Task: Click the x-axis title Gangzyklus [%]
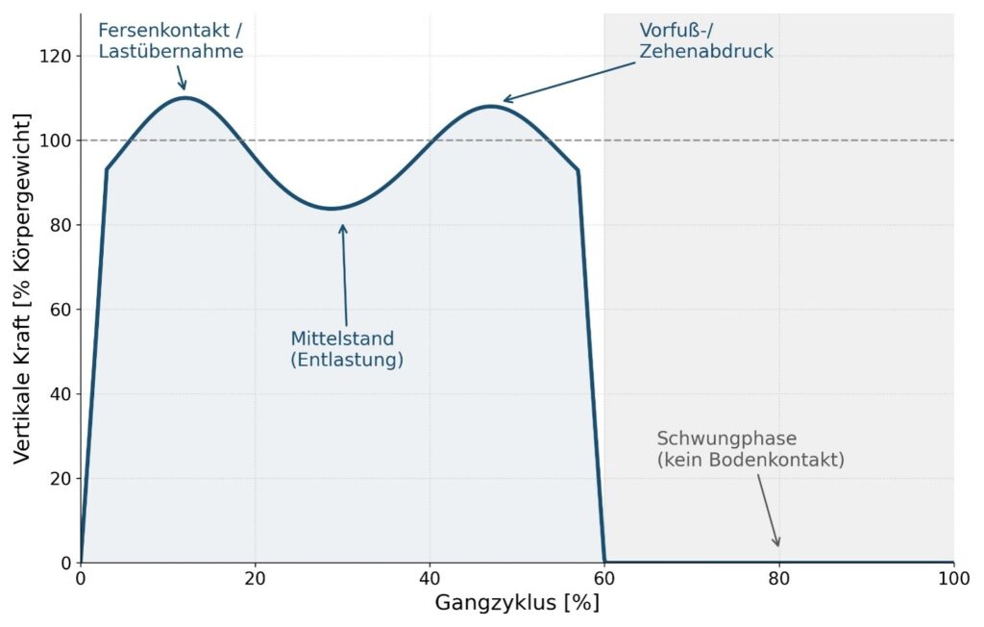pos(517,603)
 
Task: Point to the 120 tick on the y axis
pos(55,57)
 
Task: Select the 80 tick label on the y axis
pos(61,225)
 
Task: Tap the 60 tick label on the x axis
pos(604,579)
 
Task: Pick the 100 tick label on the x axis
pos(954,579)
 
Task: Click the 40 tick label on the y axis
pos(61,394)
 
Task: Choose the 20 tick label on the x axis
pos(255,579)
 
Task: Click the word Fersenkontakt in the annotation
pos(163,30)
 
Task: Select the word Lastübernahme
pos(171,51)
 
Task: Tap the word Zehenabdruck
pos(706,51)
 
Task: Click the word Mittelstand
pos(342,339)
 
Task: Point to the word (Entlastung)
pos(347,360)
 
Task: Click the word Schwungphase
pos(726,439)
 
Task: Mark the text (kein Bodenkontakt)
pos(750,460)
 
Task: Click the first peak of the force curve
pos(185,97)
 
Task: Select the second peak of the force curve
pos(490,106)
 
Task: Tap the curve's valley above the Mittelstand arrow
pos(332,209)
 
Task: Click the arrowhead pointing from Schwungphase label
pos(776,542)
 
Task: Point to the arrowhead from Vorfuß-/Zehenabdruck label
pos(507,99)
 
